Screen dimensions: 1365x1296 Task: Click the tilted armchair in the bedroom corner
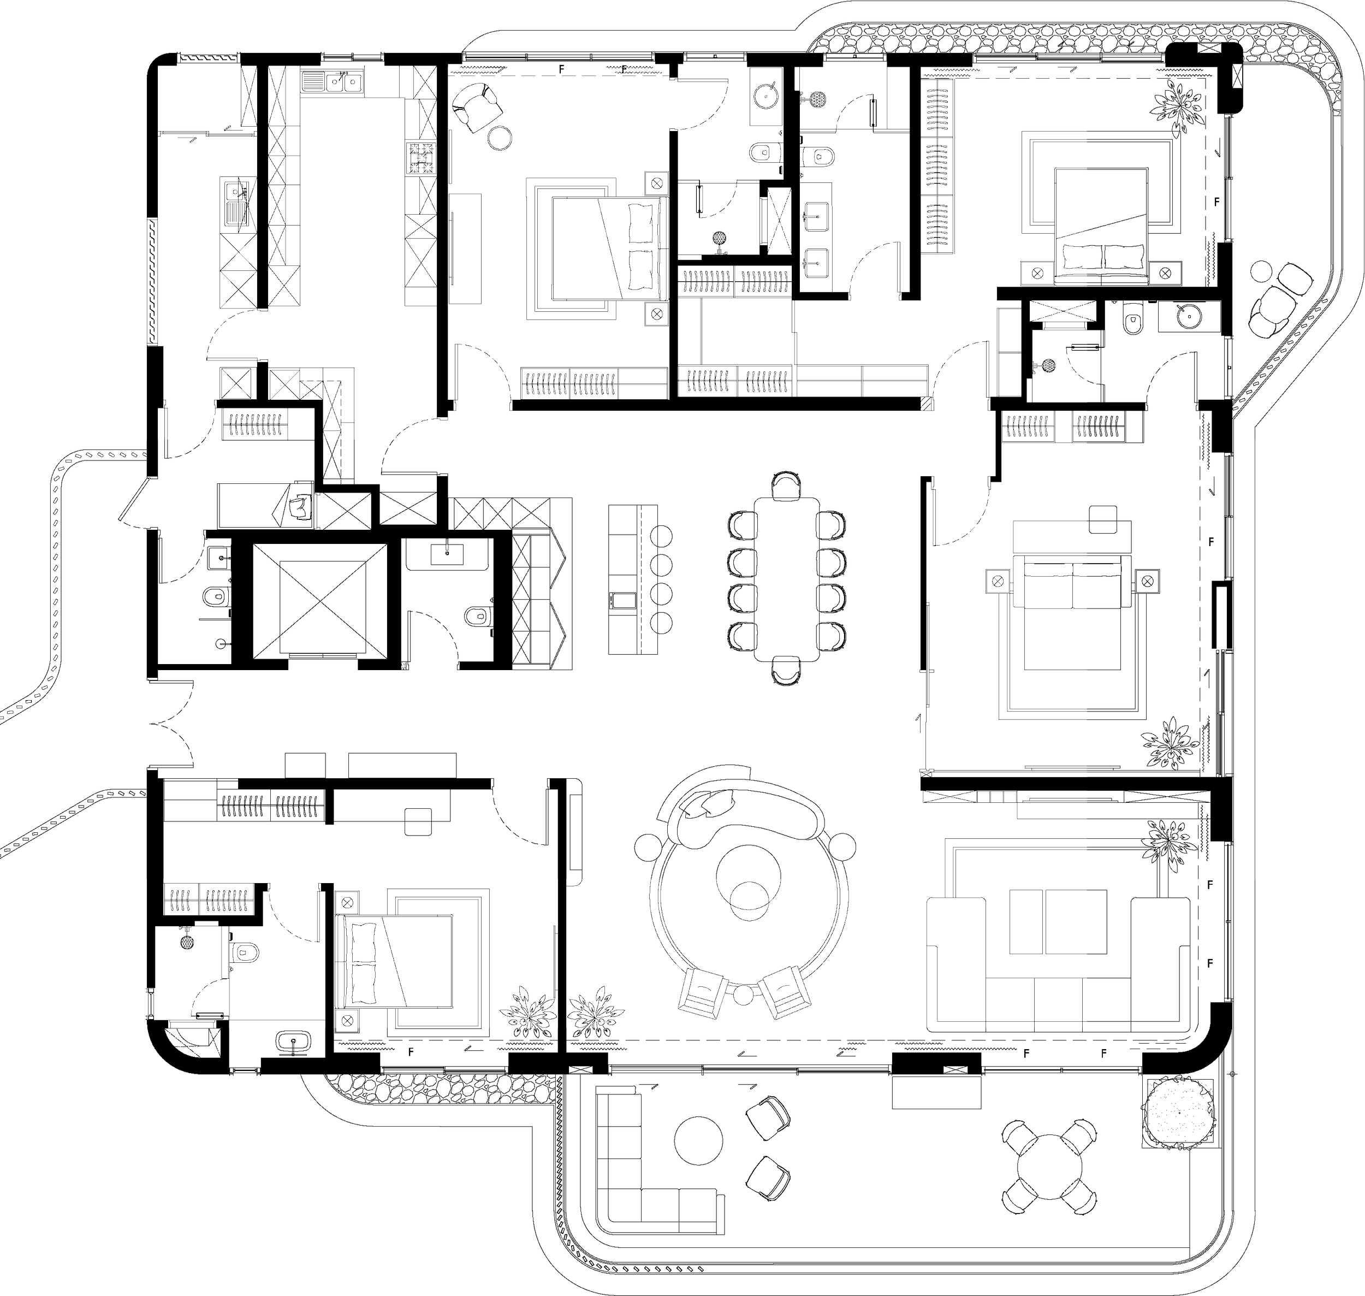click(476, 106)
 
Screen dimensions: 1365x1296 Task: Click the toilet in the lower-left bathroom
click(245, 954)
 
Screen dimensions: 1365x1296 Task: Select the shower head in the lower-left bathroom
click(187, 941)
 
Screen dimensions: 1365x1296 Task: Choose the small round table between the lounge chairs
click(742, 995)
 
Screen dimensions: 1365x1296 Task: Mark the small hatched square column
click(927, 405)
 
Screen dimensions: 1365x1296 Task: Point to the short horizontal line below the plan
click(401, 1127)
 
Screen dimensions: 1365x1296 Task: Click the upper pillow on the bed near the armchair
click(640, 223)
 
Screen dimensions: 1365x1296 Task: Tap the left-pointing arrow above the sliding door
click(228, 127)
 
